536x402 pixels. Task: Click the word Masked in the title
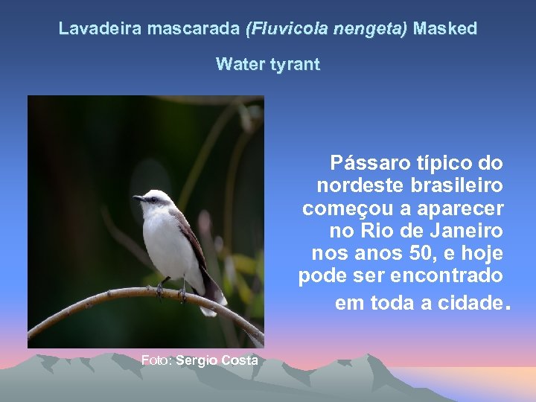445,30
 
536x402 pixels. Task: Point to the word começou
345,207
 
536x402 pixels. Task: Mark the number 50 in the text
416,253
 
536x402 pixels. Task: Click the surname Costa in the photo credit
243,360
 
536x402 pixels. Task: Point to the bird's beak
138,198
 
